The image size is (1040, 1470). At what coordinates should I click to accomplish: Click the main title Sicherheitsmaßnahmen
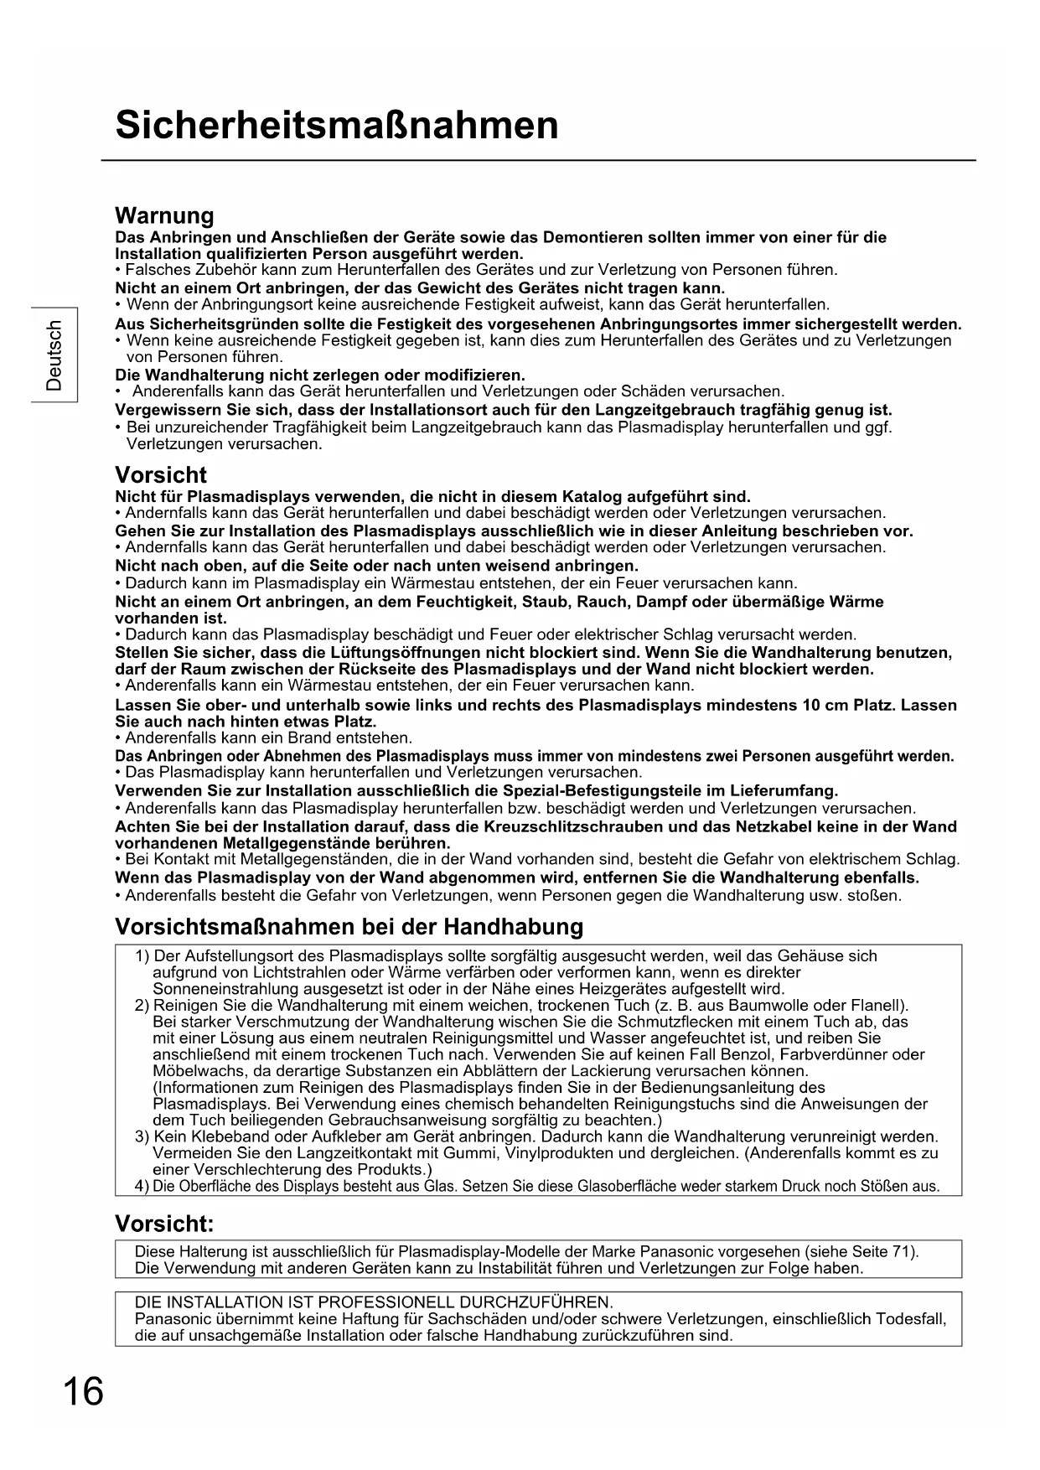(x=337, y=126)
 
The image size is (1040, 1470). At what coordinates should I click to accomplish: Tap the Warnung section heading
(x=164, y=216)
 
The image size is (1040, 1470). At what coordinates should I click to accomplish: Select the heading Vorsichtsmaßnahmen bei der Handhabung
(x=349, y=927)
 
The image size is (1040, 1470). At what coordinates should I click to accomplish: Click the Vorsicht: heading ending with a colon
(x=164, y=1224)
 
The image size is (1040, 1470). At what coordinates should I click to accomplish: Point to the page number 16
(x=83, y=1393)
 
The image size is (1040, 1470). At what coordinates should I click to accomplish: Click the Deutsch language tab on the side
(x=54, y=355)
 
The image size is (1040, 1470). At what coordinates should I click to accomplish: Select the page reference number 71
(x=902, y=1252)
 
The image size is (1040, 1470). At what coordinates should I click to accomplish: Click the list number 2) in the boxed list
(x=142, y=1006)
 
